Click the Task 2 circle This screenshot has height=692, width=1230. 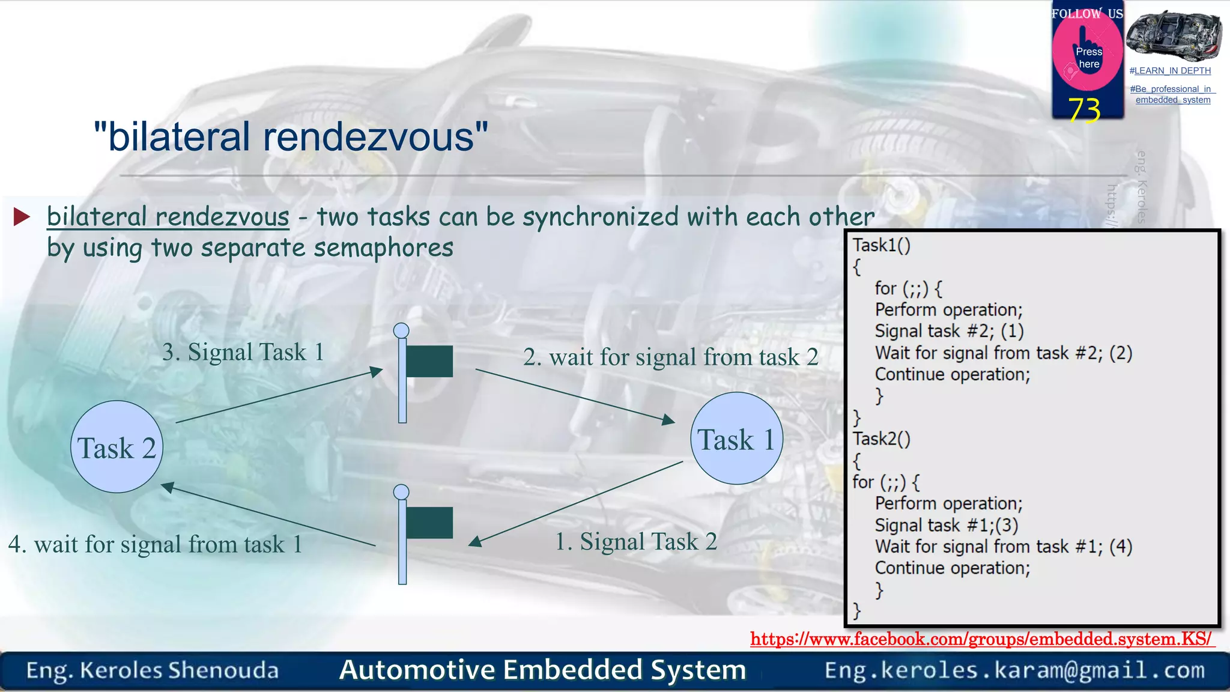tap(117, 447)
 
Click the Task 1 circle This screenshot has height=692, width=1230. tap(736, 439)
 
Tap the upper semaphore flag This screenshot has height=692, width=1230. tap(428, 361)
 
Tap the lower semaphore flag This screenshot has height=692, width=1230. tap(428, 523)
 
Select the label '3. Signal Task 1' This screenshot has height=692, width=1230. tap(243, 352)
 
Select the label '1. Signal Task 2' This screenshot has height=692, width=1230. tap(635, 542)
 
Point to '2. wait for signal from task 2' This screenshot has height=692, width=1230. tap(670, 357)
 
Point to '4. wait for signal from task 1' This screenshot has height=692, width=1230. tap(155, 545)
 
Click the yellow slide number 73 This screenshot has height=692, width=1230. tap(1084, 111)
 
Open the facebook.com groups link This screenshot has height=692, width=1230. tap(981, 639)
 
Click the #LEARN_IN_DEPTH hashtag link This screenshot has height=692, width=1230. tap(1170, 71)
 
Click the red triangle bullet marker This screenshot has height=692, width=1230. tap(22, 217)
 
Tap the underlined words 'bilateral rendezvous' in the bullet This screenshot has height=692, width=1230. tap(168, 217)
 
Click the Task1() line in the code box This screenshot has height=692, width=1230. tap(882, 246)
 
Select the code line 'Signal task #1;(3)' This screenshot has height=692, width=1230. tap(946, 526)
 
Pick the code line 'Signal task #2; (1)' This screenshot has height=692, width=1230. tap(949, 332)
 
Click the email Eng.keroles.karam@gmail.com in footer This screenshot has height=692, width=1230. tap(1014, 670)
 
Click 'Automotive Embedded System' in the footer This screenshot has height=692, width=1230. tap(542, 670)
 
